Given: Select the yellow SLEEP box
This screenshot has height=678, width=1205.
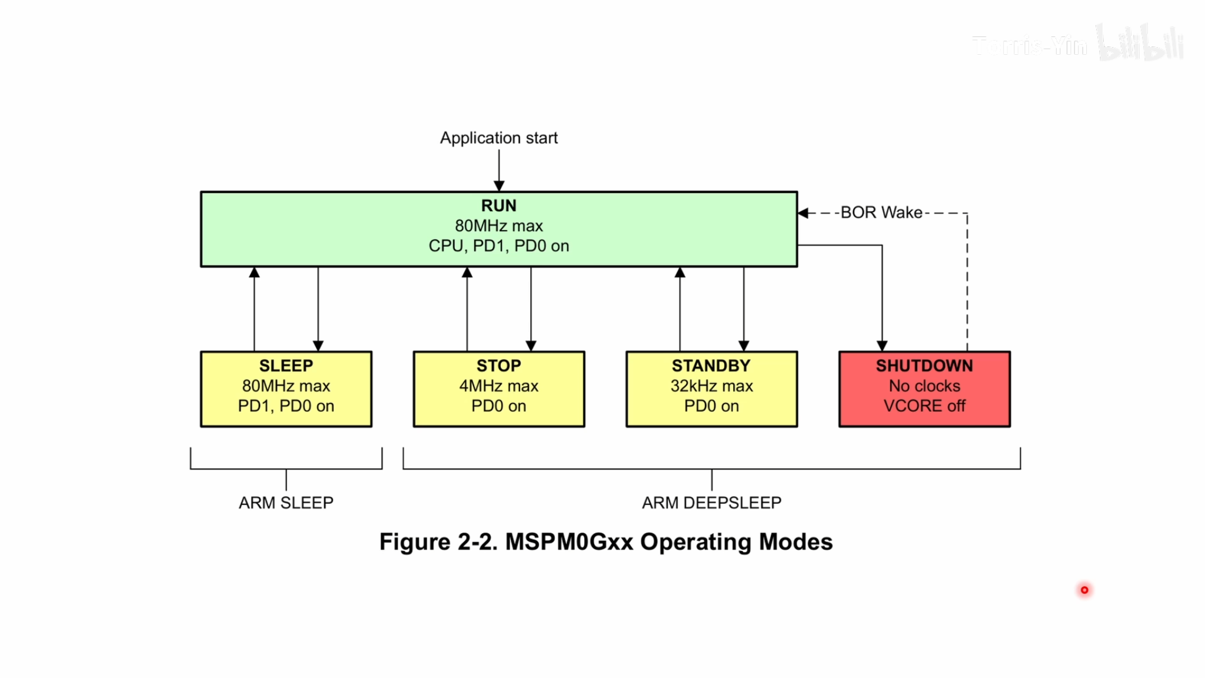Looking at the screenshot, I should (286, 389).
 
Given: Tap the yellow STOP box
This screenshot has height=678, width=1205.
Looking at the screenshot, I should (498, 389).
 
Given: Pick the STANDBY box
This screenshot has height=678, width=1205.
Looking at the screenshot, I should (711, 389).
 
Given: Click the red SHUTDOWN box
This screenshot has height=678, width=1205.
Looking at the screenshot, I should (924, 389).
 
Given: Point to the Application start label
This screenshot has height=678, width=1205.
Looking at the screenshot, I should (498, 138).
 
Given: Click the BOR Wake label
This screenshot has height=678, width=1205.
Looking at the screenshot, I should (881, 212).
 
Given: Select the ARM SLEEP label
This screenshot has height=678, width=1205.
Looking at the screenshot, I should (286, 503).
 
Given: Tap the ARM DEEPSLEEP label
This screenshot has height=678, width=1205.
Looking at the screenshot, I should (711, 503).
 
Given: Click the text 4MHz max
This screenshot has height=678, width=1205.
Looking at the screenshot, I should (498, 386).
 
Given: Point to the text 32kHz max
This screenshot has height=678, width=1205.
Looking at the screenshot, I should (711, 386).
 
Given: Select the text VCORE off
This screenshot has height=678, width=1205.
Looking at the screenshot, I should (924, 406).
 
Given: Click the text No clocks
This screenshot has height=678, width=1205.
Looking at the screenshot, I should (924, 386).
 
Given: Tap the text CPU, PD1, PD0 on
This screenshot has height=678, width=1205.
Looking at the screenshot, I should (498, 246).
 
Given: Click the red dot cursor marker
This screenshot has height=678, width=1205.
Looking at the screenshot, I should (1084, 590).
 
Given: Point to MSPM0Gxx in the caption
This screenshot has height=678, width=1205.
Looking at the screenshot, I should (569, 542).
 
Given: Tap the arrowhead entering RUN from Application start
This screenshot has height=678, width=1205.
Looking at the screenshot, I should (498, 187).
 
